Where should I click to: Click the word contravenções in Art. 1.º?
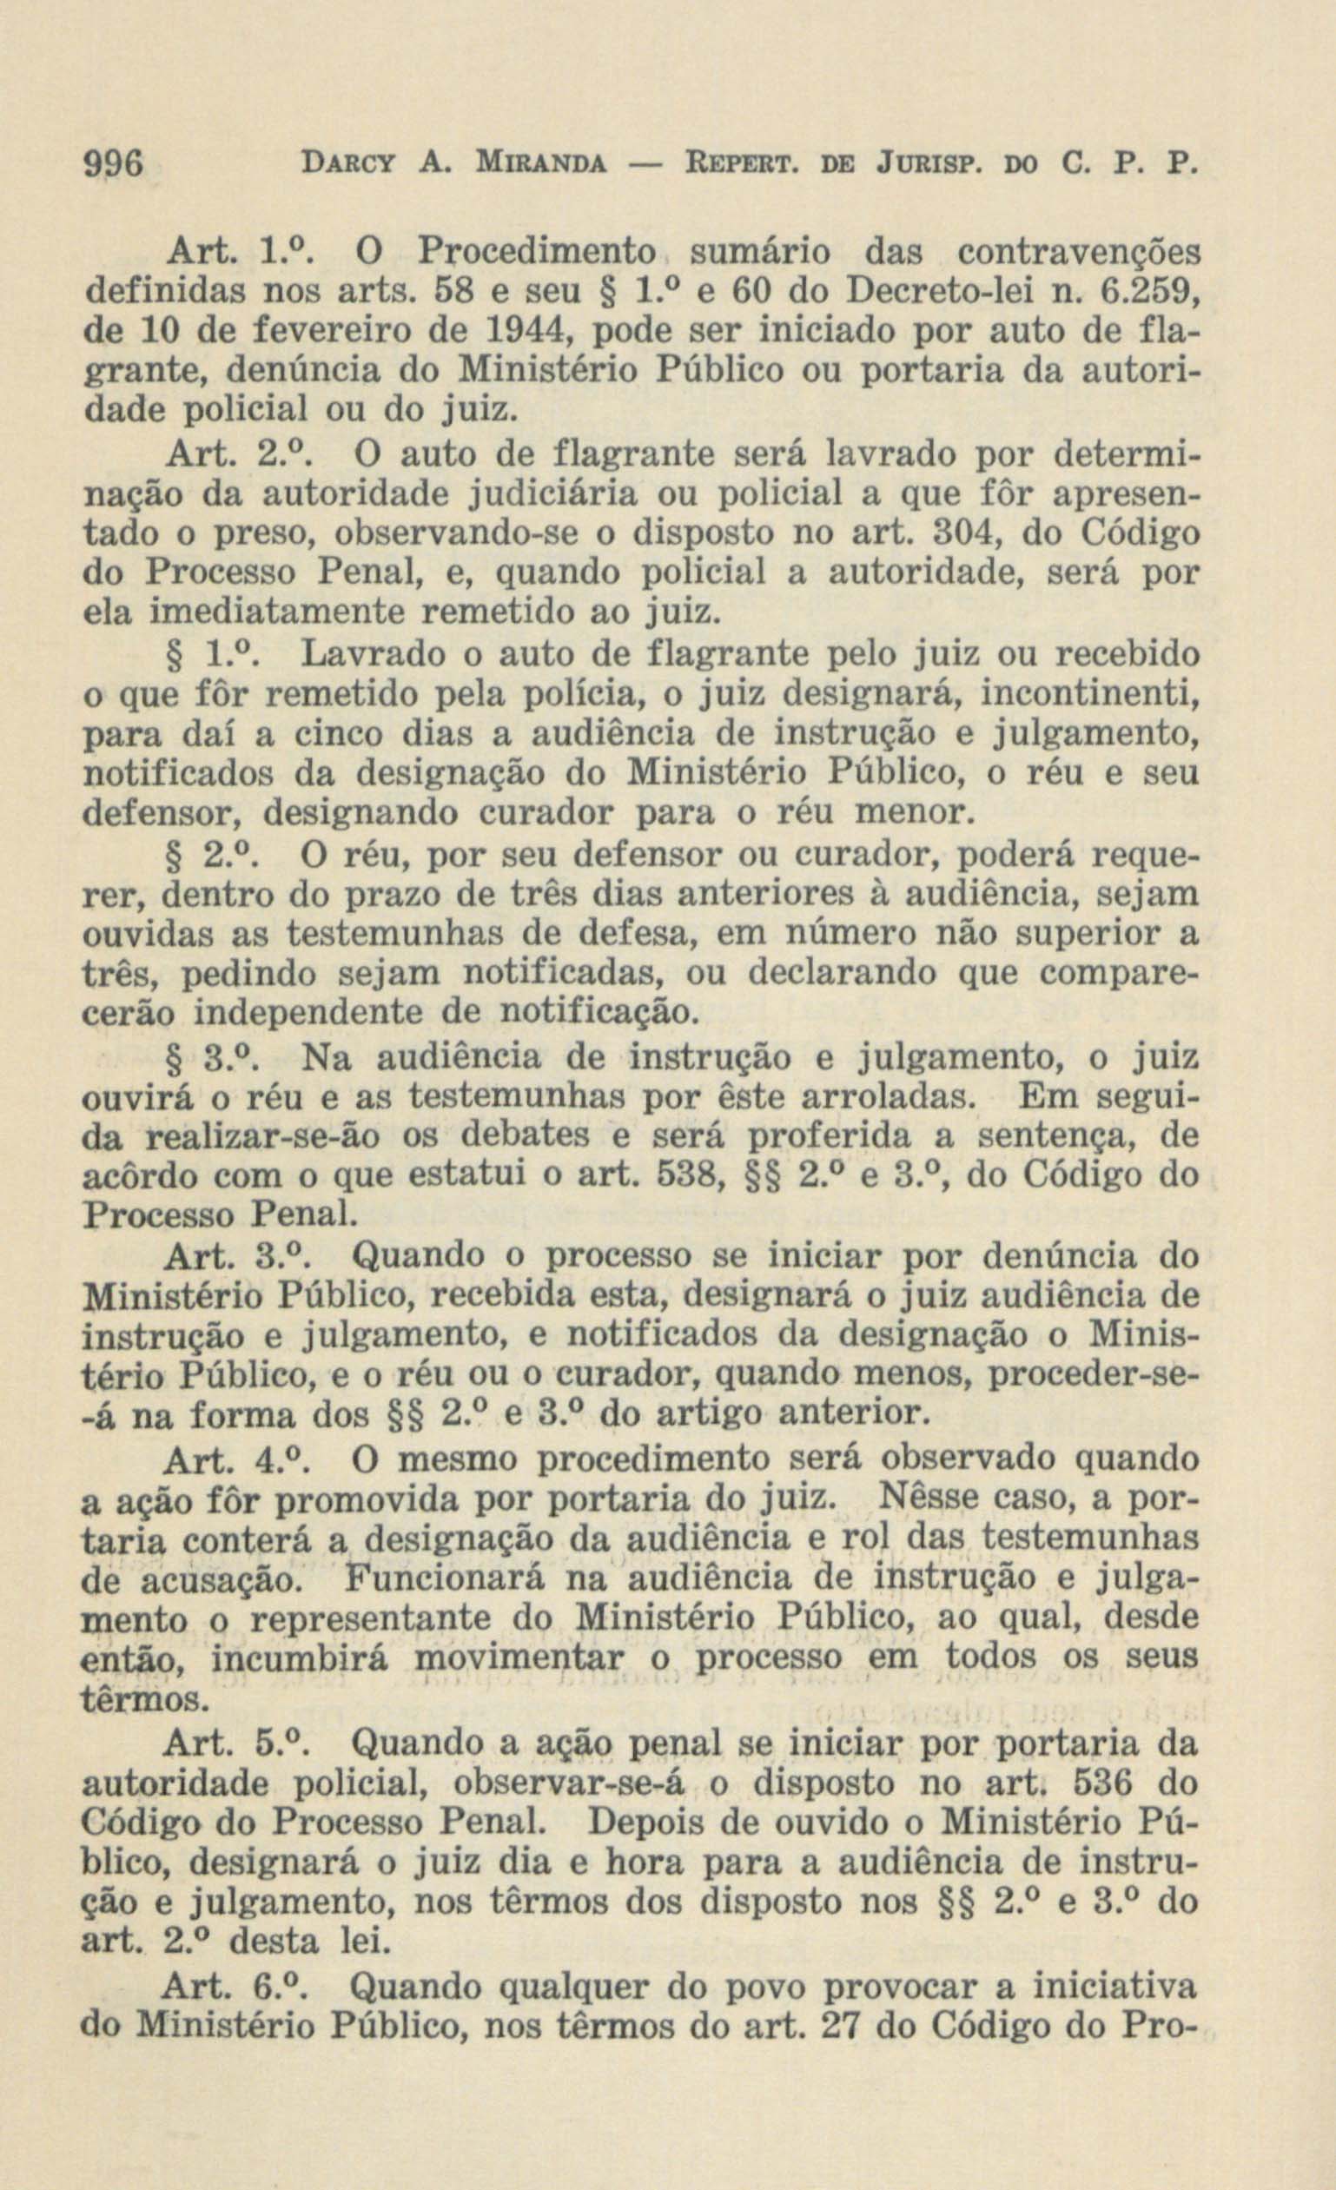point(1077,255)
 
